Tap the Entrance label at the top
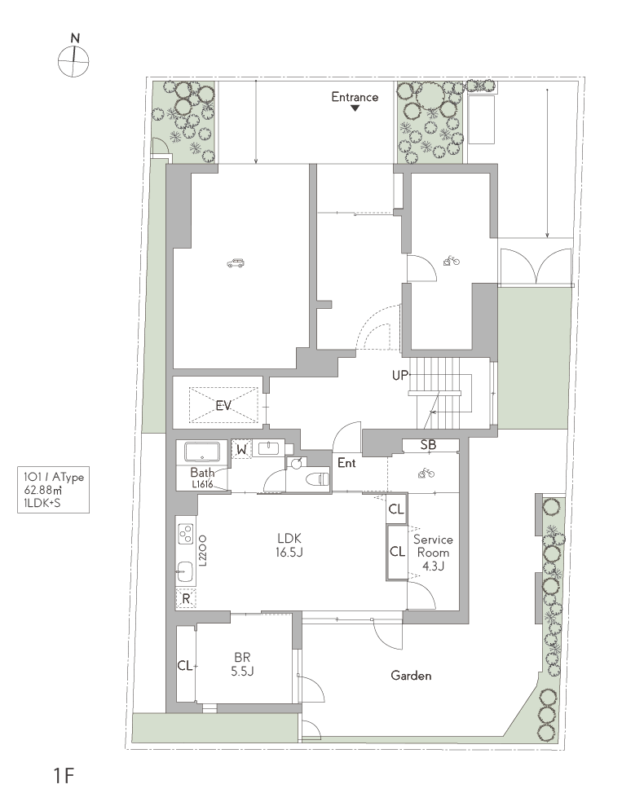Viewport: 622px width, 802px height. (355, 97)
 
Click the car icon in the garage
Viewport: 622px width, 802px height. (235, 263)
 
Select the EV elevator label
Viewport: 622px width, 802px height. (223, 406)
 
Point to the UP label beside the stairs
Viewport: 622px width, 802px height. (400, 376)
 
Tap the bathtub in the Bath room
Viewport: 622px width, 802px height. (202, 452)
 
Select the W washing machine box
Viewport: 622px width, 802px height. (241, 450)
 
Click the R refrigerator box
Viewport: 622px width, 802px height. (186, 599)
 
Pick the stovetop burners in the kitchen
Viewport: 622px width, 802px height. (185, 534)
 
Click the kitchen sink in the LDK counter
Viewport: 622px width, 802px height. (185, 572)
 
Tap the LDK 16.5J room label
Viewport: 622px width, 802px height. (289, 544)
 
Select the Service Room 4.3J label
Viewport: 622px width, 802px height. (433, 553)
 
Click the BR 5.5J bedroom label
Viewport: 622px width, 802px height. (242, 664)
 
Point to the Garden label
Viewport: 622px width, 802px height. (411, 676)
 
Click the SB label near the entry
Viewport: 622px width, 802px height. (428, 445)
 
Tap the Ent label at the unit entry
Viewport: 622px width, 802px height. (346, 463)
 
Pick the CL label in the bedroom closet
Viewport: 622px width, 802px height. (185, 665)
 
